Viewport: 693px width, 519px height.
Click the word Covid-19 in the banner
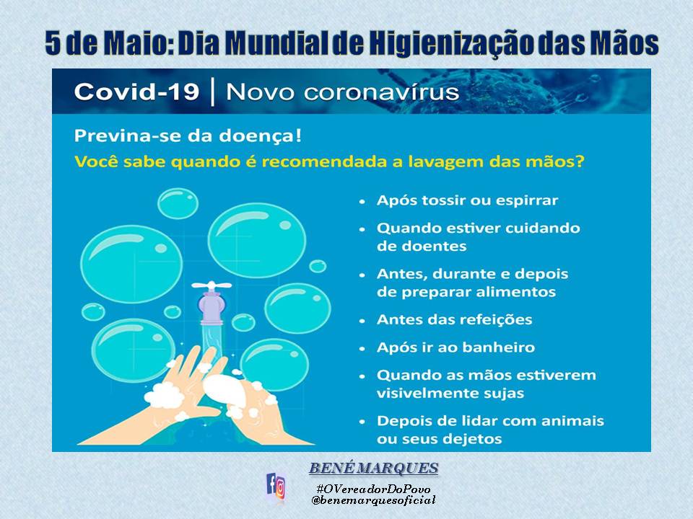pos(136,92)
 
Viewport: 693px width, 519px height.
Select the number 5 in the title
pos(53,43)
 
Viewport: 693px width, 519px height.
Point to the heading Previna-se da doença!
pos(188,136)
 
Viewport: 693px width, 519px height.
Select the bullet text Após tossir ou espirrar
pos(467,200)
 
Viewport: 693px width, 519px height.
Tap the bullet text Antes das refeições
pos(454,319)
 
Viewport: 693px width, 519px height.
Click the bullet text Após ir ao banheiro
pos(456,347)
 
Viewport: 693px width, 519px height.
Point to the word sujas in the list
pos(505,394)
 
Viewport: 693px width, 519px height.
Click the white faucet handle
pos(212,285)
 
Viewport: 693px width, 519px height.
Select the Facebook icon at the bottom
pos(271,484)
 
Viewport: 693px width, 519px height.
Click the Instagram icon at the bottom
pos(280,489)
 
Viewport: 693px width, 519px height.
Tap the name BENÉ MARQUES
pos(373,469)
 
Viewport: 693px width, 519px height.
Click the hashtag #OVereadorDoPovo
pos(373,489)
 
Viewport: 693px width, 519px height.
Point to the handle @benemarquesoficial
pos(373,500)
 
